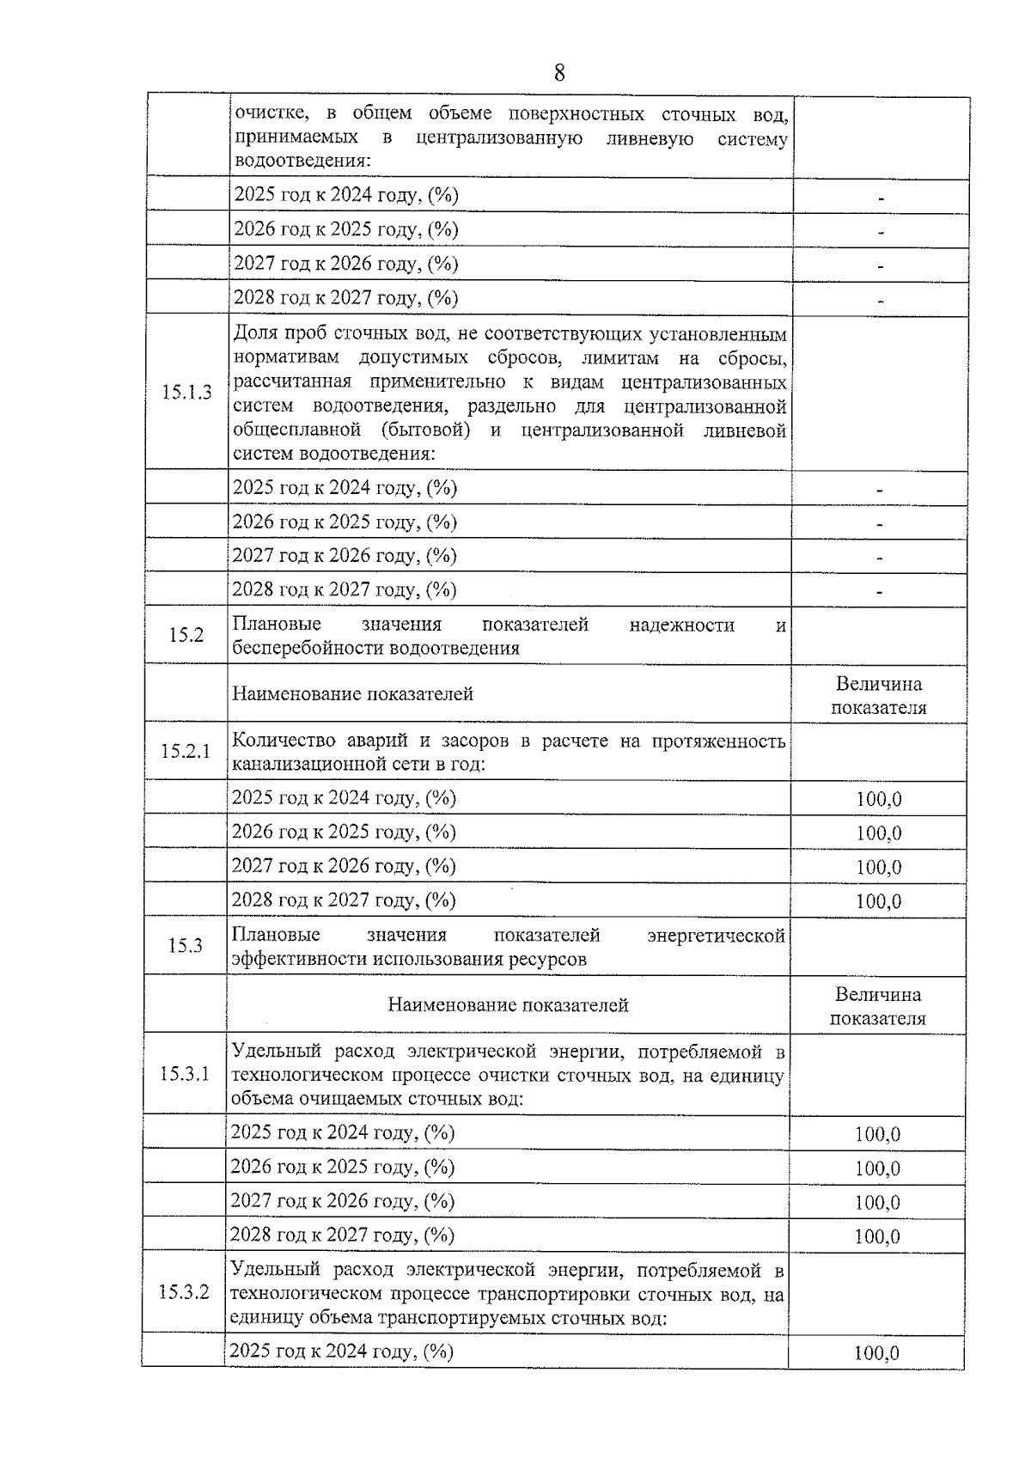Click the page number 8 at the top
pos(559,73)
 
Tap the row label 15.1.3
pos(186,393)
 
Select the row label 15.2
pos(186,635)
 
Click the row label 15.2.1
pos(186,751)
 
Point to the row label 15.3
pos(186,946)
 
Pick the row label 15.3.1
pos(185,1074)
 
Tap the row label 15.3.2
pos(184,1292)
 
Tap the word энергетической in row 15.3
pos(716,935)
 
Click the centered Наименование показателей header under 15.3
pos(508,1004)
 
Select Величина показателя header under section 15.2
pos(878,695)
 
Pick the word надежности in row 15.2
pos(681,625)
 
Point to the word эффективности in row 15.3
pos(299,960)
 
